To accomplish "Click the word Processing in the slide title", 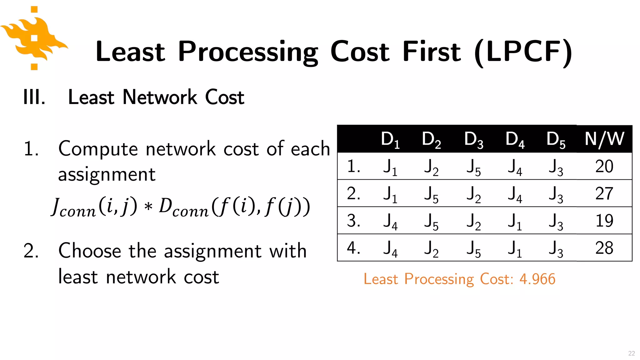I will click(x=248, y=52).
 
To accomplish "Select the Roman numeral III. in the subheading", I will click(x=34, y=97).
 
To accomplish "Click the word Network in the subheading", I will click(x=160, y=97).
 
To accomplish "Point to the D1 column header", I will click(x=390, y=139).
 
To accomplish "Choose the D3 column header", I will click(x=473, y=139).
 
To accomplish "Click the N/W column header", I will click(x=604, y=139).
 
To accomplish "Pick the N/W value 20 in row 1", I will click(x=604, y=166).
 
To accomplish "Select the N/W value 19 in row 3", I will click(x=604, y=221).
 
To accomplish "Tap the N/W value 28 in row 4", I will click(x=604, y=248).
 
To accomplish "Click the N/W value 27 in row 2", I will click(x=604, y=193).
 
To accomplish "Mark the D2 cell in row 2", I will click(x=431, y=194).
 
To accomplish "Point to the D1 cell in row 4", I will click(x=390, y=249).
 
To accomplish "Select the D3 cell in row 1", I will click(x=473, y=167).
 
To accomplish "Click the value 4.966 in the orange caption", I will click(x=537, y=279).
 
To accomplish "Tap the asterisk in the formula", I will click(x=148, y=207).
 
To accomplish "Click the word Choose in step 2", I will click(x=90, y=251).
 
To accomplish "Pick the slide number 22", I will click(x=631, y=353).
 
